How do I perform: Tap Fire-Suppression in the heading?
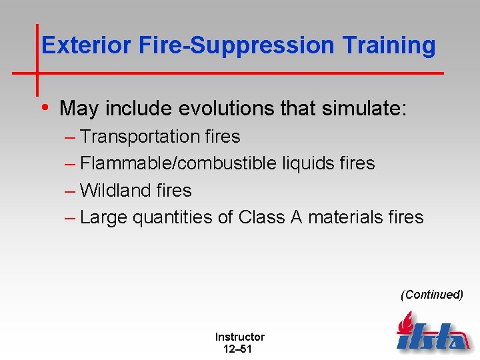[x=237, y=45]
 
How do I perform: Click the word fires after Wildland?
[x=175, y=191]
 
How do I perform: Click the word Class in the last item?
[x=261, y=217]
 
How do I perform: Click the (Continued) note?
[x=431, y=295]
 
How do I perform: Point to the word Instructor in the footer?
[x=239, y=337]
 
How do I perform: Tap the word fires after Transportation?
[x=223, y=137]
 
